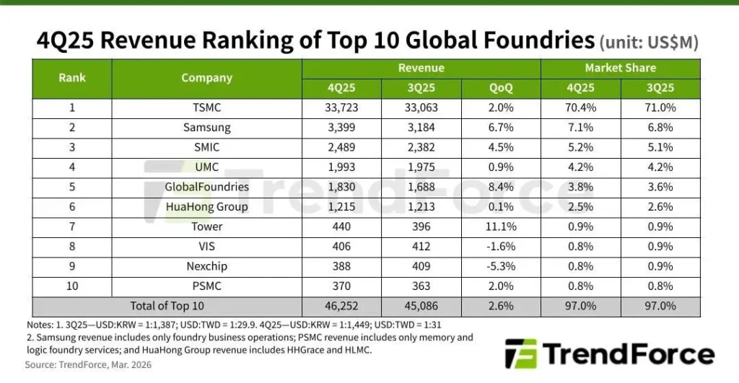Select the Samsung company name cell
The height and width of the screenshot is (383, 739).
(x=206, y=128)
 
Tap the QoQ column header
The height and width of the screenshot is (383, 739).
(x=501, y=88)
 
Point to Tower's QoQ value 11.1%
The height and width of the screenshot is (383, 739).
(x=501, y=226)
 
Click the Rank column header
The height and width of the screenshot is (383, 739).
(x=72, y=78)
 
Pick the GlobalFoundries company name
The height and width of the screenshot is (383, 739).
(x=206, y=187)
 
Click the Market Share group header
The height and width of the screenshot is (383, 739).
(x=620, y=69)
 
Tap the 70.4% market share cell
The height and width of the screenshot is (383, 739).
(x=580, y=107)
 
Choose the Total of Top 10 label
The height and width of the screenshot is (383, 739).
(x=167, y=306)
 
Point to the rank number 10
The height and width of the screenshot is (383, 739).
(x=72, y=286)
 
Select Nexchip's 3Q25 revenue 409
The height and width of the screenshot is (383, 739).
(x=421, y=266)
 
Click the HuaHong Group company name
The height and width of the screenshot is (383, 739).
(x=206, y=207)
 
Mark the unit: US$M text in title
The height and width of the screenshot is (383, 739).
(x=649, y=43)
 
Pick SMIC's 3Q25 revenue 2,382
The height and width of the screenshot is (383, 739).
(x=421, y=147)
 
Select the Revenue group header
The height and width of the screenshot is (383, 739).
(x=421, y=69)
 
